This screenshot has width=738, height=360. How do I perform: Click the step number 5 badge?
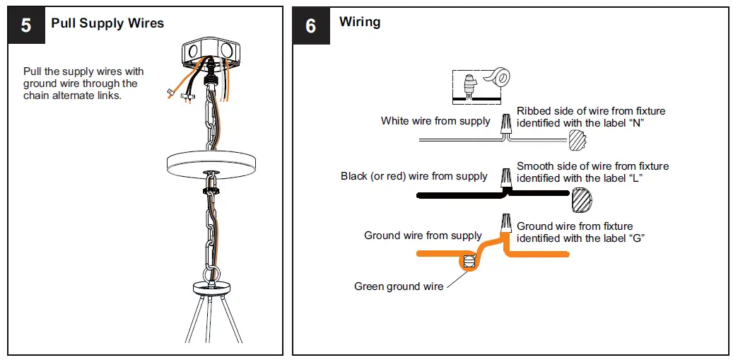(x=26, y=25)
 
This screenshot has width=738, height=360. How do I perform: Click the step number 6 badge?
(x=311, y=26)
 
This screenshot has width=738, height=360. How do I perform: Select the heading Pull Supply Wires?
(x=107, y=23)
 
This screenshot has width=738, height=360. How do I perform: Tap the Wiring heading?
(x=360, y=22)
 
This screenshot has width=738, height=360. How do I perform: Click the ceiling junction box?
(x=211, y=53)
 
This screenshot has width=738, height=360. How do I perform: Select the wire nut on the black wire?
(x=506, y=178)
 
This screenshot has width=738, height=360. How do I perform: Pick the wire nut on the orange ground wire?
(x=506, y=223)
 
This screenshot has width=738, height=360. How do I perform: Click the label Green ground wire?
(x=399, y=286)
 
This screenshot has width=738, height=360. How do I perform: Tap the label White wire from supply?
(x=435, y=121)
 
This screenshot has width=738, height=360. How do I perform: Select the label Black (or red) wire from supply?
(x=414, y=176)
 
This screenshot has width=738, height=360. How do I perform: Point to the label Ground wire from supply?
(x=423, y=235)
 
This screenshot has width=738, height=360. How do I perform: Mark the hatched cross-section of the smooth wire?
(x=581, y=200)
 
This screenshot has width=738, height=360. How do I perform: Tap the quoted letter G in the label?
(x=637, y=238)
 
